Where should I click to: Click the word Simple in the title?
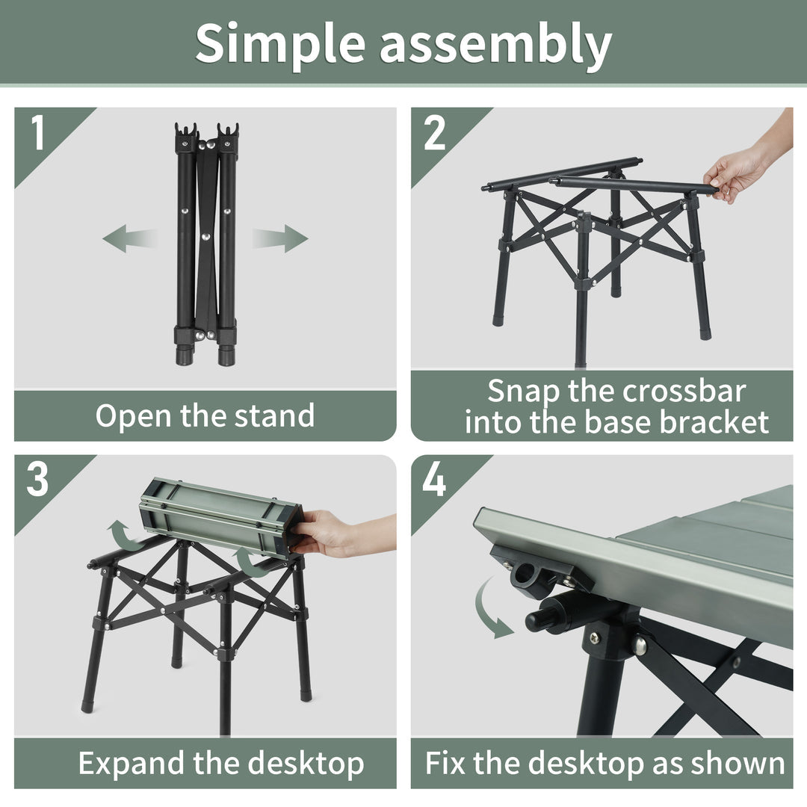click(280, 44)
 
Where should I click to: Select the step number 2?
click(434, 132)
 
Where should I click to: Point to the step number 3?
click(37, 479)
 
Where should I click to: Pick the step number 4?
click(434, 479)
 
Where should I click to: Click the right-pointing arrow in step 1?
click(280, 238)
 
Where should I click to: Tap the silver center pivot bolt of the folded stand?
click(206, 237)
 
